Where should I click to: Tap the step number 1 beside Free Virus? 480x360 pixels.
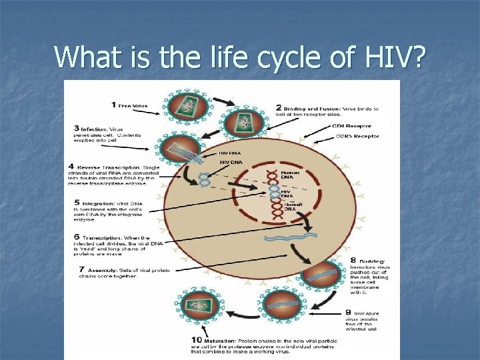114,105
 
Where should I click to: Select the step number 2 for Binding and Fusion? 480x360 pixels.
279,108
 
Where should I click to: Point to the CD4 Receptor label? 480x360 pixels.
351,126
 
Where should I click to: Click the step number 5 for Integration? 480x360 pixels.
77,203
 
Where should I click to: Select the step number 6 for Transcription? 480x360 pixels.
77,237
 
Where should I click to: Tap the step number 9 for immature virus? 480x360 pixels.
348,312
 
